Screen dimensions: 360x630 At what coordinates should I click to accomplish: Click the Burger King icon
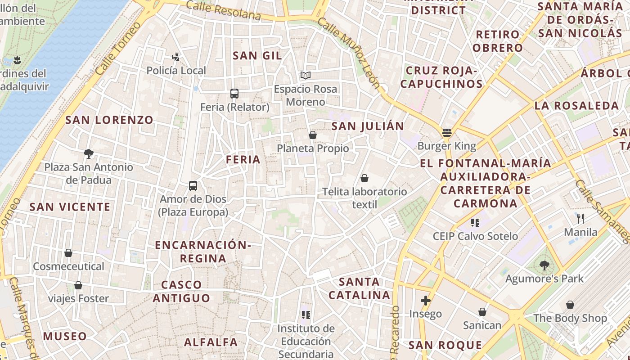tap(446, 132)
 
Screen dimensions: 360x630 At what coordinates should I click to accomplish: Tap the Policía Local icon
tap(176, 57)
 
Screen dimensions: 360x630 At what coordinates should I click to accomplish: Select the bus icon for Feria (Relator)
tap(234, 94)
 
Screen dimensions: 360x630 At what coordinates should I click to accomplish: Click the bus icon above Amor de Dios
tap(193, 185)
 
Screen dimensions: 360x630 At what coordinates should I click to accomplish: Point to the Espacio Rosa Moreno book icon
tap(306, 75)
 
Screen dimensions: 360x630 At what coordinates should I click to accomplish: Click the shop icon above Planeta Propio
tap(313, 135)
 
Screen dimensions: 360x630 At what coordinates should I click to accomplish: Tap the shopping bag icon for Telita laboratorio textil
tap(364, 178)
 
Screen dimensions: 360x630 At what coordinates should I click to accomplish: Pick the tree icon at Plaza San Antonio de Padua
tap(89, 154)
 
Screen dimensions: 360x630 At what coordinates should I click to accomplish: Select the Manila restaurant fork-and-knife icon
tap(580, 219)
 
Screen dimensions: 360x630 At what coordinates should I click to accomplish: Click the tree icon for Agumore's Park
tap(544, 265)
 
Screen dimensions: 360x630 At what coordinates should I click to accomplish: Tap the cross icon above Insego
tap(426, 300)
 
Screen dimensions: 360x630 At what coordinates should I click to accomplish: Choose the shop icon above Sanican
tap(482, 311)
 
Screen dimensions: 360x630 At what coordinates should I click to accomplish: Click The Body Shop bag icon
tap(570, 305)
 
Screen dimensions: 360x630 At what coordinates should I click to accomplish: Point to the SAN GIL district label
tap(257, 56)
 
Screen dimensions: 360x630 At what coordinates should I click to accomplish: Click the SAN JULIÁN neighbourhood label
tap(368, 126)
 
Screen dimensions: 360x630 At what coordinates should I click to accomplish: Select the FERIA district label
tap(243, 159)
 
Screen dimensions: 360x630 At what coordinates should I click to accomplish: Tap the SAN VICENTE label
tap(70, 207)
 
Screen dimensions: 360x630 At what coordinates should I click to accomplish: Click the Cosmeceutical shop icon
tap(68, 253)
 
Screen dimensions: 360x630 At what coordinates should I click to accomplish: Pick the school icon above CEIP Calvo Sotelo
tap(475, 222)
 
